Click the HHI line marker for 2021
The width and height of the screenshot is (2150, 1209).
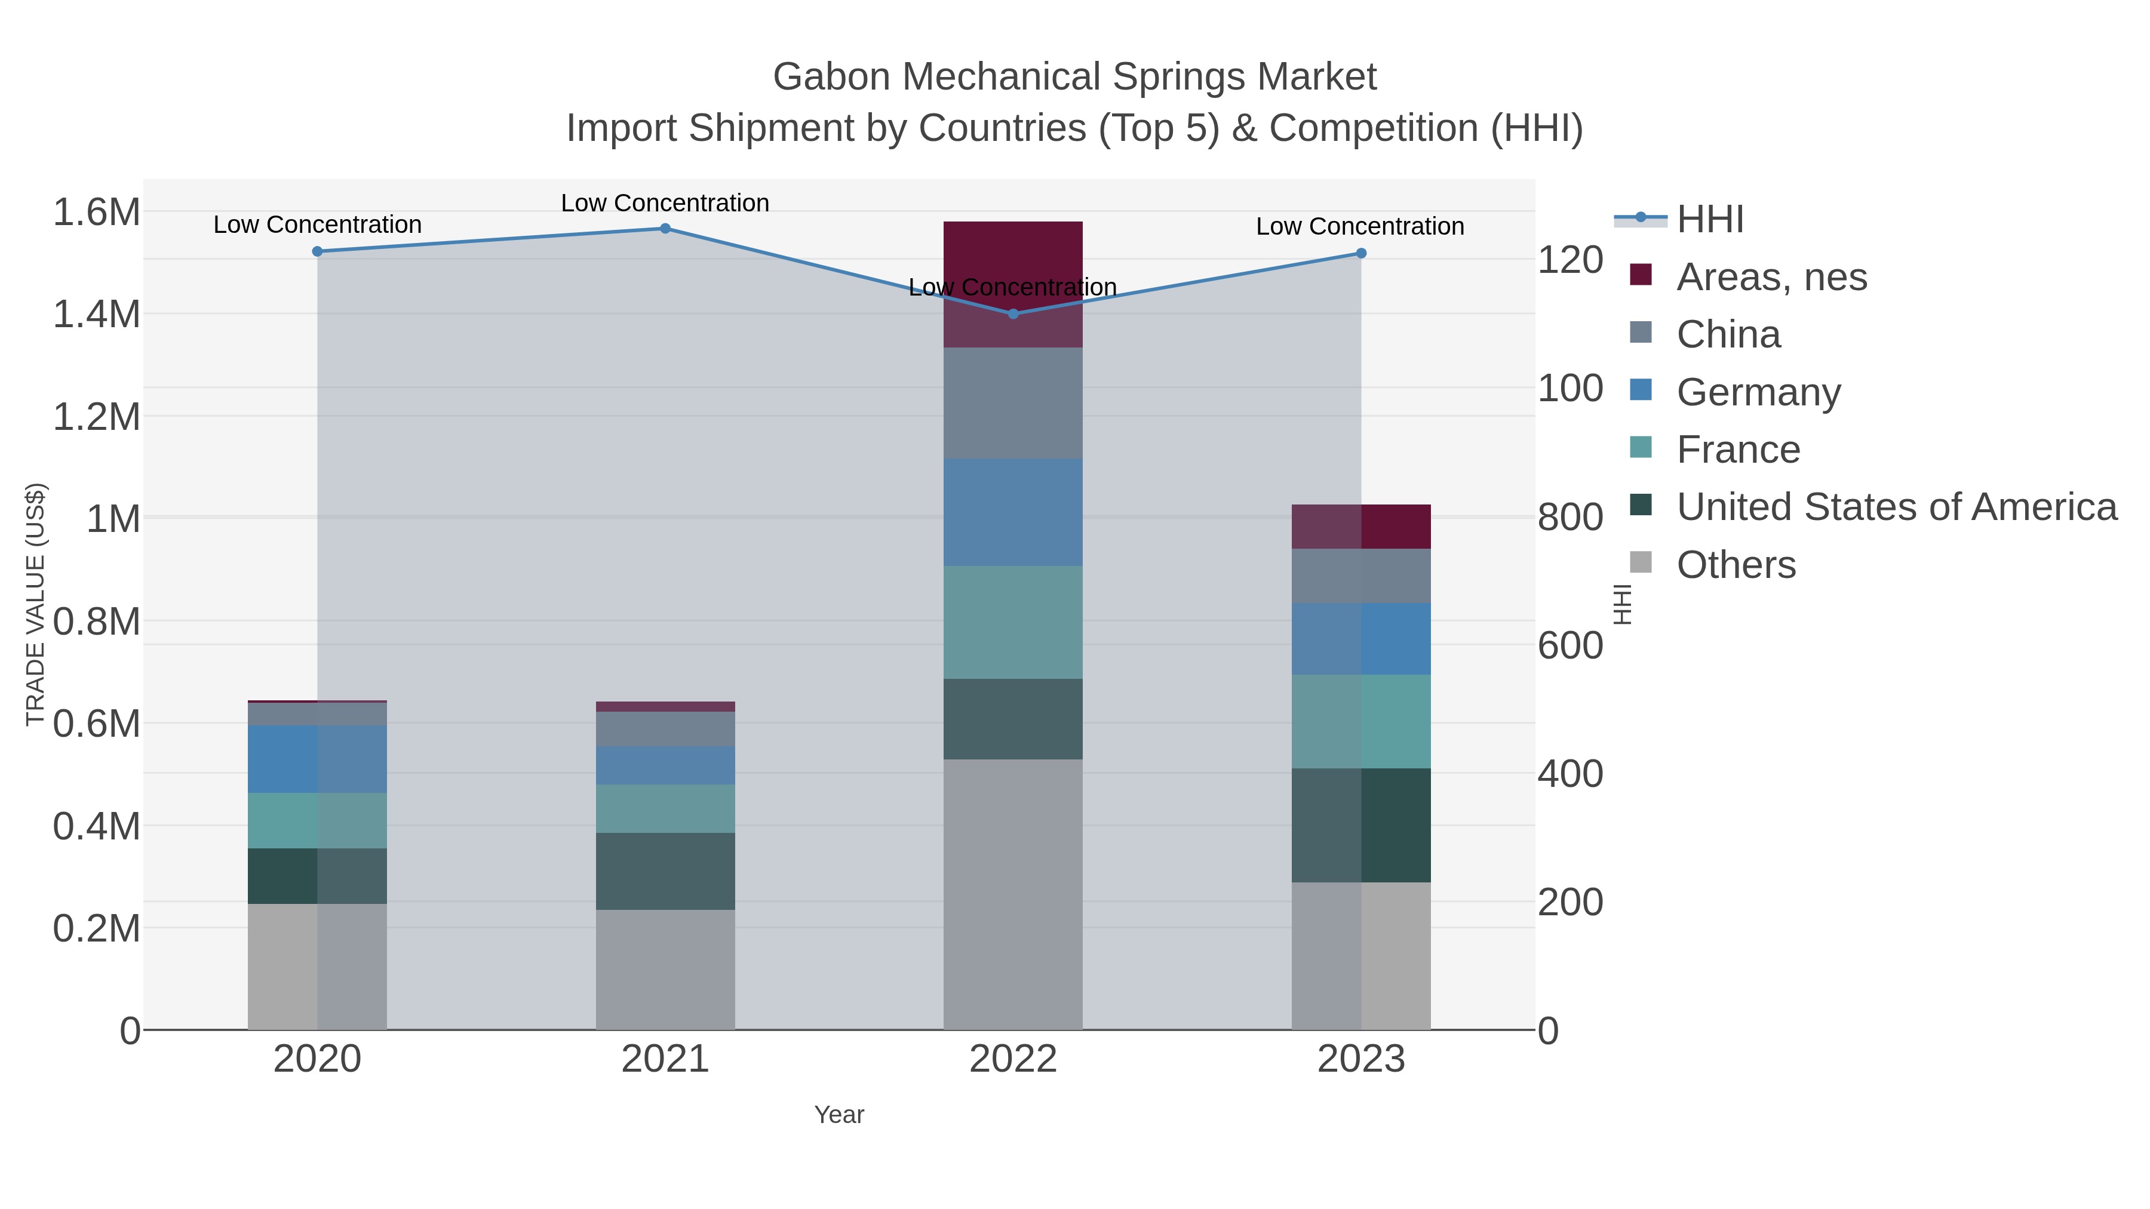click(x=665, y=229)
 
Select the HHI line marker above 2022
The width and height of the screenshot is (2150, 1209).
click(x=1013, y=313)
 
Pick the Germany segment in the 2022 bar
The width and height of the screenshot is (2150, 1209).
click(x=1013, y=512)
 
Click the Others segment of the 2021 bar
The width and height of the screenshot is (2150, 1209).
click(x=665, y=970)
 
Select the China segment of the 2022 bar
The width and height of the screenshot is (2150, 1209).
click(x=1013, y=402)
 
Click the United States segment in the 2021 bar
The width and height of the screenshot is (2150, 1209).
click(x=665, y=871)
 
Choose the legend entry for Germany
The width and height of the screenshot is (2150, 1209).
click(x=1758, y=392)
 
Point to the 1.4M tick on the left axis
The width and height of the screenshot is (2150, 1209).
click(x=97, y=315)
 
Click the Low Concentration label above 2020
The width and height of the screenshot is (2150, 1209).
click(x=317, y=224)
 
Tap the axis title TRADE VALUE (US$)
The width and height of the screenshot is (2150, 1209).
click(x=35, y=604)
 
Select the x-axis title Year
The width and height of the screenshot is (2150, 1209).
click(x=839, y=1115)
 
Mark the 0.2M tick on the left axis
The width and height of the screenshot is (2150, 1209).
click(x=97, y=928)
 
